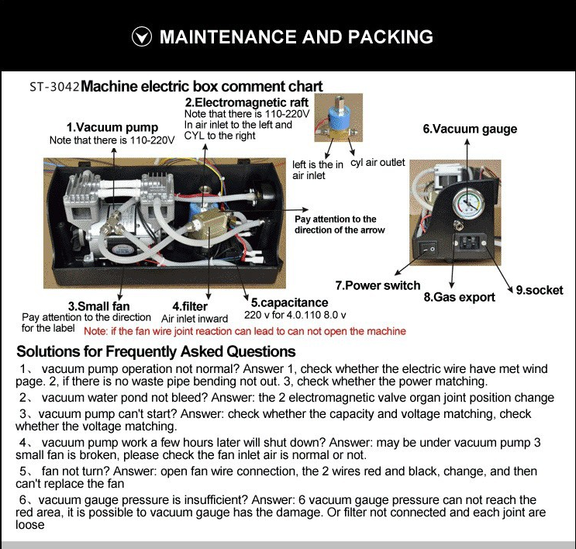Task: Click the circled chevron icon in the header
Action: pos(140,37)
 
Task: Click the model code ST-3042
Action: pos(54,87)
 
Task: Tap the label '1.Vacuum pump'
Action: pos(112,127)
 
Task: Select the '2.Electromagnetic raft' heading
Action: pos(247,102)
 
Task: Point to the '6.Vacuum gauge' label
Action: pos(469,129)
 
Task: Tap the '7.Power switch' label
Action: pos(378,285)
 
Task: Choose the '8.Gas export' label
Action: pos(459,297)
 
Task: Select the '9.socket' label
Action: pos(540,290)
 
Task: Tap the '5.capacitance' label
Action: pos(288,302)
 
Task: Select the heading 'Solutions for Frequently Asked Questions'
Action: pos(156,351)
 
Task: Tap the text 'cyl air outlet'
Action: pos(378,163)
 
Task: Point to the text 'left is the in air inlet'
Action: pos(318,170)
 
